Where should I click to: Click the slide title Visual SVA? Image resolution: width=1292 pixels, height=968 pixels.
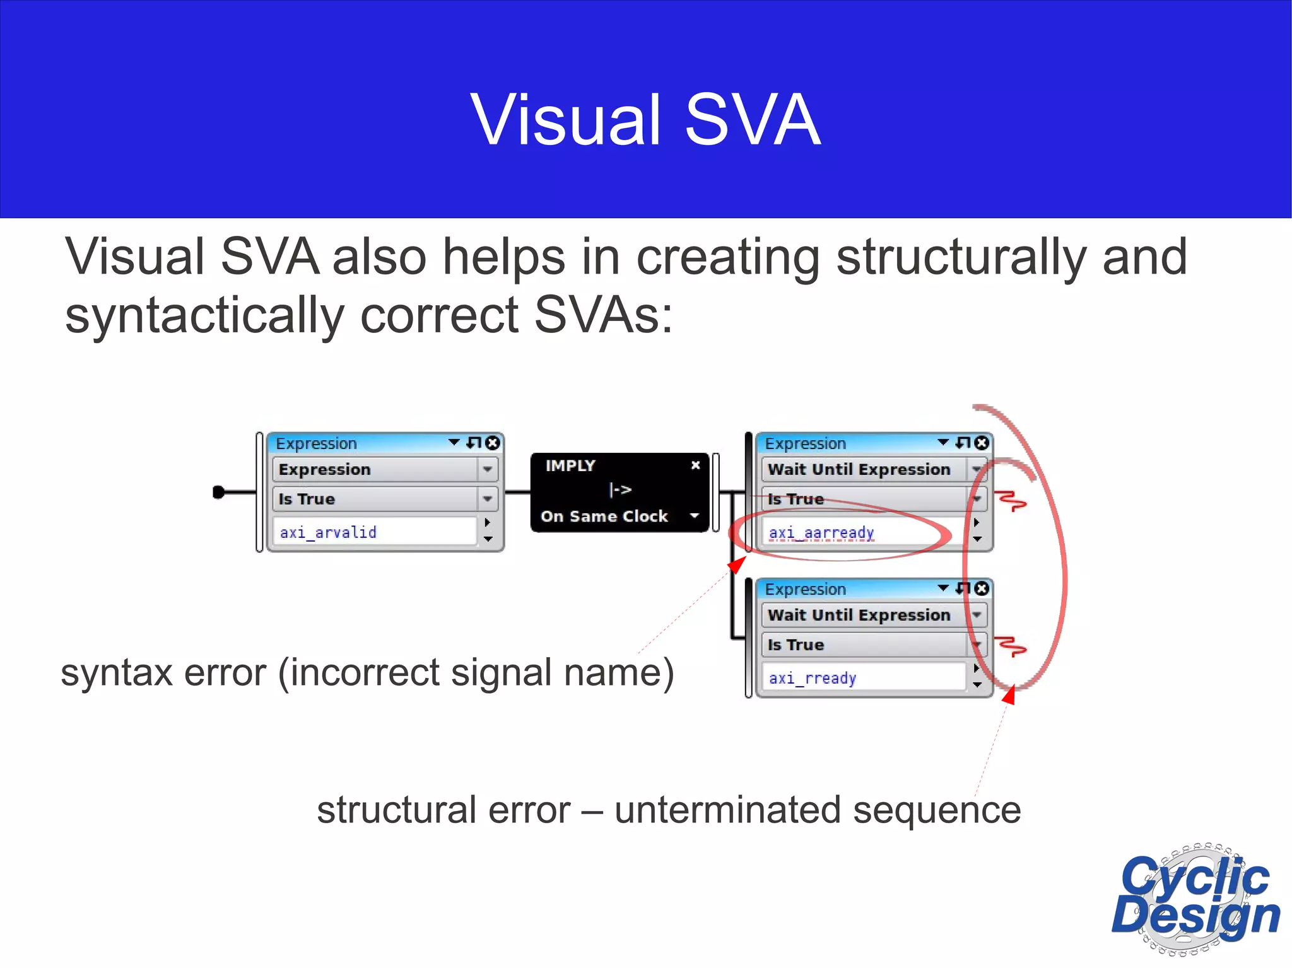tap(645, 120)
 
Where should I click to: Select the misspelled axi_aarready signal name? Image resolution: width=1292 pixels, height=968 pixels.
tap(821, 533)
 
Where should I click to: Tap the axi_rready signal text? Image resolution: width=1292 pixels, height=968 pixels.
tap(813, 678)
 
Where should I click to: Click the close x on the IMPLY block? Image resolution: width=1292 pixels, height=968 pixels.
tap(695, 465)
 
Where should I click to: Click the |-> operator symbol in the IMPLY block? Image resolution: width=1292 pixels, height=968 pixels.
tap(620, 489)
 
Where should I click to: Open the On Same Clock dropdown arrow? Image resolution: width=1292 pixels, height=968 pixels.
tap(695, 516)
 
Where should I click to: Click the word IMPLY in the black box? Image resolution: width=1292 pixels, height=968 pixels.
tap(570, 465)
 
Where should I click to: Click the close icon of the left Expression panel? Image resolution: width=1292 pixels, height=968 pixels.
tap(493, 443)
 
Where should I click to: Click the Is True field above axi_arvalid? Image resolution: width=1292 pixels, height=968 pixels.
tap(376, 499)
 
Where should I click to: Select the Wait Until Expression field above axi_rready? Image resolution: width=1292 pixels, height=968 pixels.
tap(864, 615)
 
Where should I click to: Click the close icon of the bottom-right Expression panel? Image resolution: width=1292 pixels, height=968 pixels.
tap(982, 588)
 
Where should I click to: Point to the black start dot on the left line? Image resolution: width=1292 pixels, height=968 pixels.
tap(219, 492)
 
